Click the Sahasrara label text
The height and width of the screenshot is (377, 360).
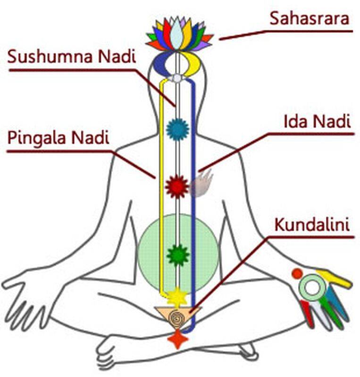tap(309, 19)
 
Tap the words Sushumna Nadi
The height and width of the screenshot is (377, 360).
tap(72, 57)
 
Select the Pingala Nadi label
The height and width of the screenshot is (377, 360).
tap(59, 139)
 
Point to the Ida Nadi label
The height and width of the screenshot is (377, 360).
tap(317, 122)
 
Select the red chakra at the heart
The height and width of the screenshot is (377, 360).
tap(177, 187)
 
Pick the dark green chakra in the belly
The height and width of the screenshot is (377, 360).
tap(178, 255)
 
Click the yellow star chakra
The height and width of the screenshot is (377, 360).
tap(178, 296)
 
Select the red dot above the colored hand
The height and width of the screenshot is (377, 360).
tap(297, 274)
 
